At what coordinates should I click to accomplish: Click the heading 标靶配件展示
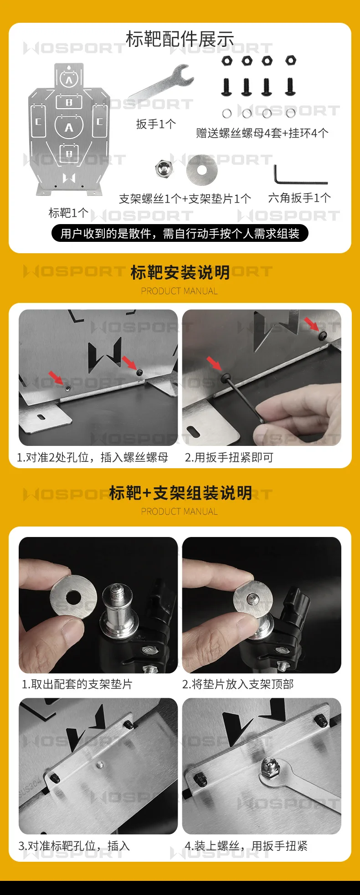click(x=180, y=40)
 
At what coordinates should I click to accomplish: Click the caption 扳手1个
click(x=156, y=124)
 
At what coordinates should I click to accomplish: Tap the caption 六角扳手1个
click(x=299, y=198)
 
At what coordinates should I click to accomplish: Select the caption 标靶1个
click(x=69, y=213)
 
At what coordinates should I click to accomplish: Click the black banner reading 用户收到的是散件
click(x=180, y=234)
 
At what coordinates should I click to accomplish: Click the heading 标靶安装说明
click(x=180, y=272)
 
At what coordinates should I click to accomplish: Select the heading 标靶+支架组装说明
click(x=180, y=493)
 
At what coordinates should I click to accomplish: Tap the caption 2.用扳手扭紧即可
click(x=229, y=457)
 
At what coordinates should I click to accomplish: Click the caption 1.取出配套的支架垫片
click(x=77, y=684)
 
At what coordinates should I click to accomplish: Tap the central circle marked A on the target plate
click(x=69, y=127)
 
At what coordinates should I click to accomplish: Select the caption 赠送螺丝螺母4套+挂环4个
click(x=262, y=133)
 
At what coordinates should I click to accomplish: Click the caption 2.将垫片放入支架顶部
click(x=238, y=684)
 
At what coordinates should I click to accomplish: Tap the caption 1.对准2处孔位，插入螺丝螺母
click(x=93, y=457)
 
